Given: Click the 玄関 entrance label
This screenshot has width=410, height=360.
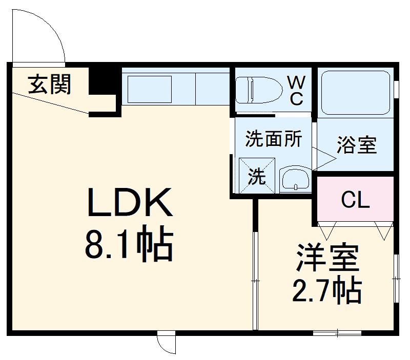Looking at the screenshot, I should (49, 84).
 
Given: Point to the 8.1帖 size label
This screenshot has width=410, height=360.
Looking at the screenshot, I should (129, 245).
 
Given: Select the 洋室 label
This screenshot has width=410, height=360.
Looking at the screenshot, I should (326, 259).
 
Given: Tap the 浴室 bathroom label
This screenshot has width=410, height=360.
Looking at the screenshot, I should (357, 146).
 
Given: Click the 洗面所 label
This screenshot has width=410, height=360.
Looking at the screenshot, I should (273, 139).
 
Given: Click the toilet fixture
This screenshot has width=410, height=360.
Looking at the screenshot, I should (259, 90).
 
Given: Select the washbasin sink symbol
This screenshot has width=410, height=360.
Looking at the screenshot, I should (295, 180).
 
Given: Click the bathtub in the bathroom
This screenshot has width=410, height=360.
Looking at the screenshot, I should (355, 92).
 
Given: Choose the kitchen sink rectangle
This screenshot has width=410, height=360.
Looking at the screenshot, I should (149, 89).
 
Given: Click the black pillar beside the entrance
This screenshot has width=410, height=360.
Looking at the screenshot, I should (101, 82).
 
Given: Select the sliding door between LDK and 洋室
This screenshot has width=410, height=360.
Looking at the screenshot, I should (255, 279).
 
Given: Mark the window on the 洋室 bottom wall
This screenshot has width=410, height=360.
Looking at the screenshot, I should (337, 333).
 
